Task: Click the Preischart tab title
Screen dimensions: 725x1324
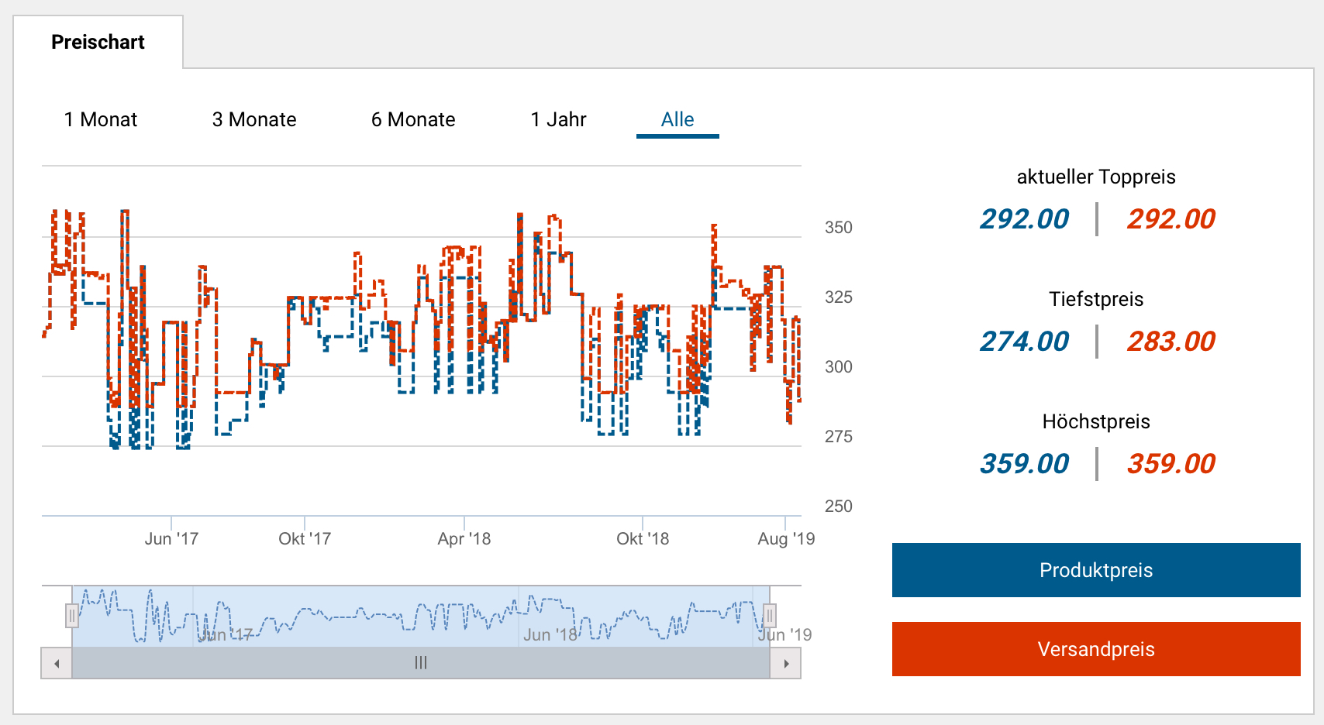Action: [x=98, y=43]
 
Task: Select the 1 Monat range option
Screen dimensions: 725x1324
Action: [x=101, y=120]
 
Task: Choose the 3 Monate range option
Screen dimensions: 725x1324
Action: [x=254, y=120]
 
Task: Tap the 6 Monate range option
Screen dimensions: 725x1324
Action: [x=413, y=120]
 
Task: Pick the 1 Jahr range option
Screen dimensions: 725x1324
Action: [x=558, y=120]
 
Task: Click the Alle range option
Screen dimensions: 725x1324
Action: [x=678, y=120]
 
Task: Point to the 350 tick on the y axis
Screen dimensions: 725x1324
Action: [x=838, y=228]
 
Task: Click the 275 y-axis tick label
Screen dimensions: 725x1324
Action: [x=838, y=437]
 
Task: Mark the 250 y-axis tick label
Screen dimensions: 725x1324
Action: [x=838, y=507]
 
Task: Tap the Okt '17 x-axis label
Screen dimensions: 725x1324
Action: [x=305, y=539]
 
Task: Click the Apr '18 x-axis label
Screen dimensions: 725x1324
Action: [x=464, y=539]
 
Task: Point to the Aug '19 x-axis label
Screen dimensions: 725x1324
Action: [x=786, y=539]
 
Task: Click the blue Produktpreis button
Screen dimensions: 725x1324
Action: [x=1096, y=570]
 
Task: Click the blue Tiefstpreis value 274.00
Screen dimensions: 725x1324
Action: [x=1024, y=342]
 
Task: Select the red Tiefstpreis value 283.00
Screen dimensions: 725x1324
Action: [x=1171, y=342]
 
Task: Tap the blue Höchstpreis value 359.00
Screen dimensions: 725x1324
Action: [x=1024, y=464]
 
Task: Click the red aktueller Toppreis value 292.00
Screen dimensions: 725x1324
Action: [x=1171, y=219]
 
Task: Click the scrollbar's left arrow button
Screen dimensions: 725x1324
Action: [x=57, y=664]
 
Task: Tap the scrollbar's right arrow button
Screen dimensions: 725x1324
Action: [x=786, y=664]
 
